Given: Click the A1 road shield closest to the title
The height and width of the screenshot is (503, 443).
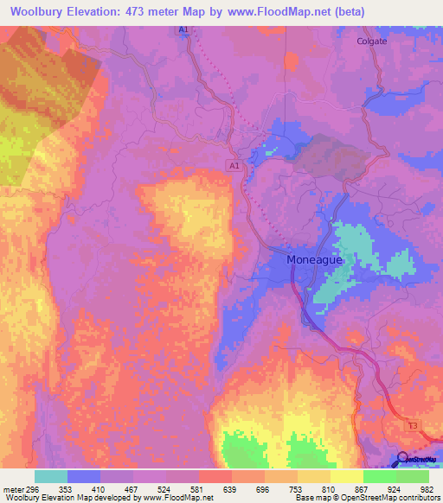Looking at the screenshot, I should [x=184, y=30].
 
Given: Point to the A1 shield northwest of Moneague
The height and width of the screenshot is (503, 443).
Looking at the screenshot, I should [x=234, y=164].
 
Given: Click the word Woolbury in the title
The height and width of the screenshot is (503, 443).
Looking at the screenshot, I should [x=42, y=11].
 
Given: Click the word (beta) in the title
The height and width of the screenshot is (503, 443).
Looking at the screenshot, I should [x=345, y=11].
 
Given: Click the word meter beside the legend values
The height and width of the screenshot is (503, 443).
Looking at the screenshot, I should [x=13, y=488].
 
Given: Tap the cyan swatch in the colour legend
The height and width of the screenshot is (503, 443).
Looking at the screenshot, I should [x=51, y=476].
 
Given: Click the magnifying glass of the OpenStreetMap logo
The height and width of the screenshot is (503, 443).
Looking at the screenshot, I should [x=403, y=459].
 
